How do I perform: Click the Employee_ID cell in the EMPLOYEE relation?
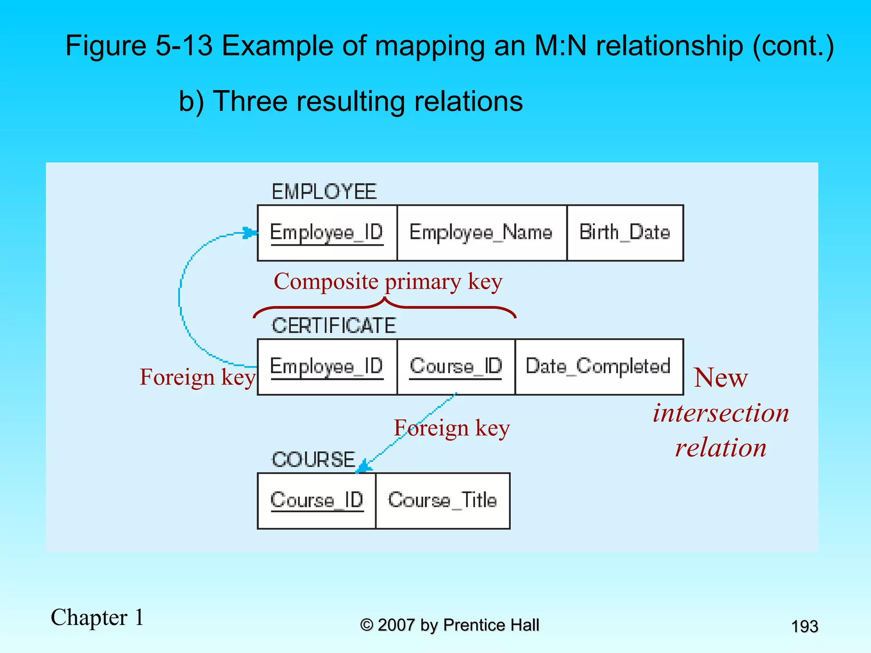(327, 233)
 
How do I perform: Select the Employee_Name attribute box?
(481, 233)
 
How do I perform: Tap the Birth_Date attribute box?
(625, 233)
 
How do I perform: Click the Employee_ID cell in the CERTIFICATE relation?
(327, 367)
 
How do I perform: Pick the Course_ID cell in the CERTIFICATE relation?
(456, 367)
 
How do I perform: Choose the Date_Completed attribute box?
(599, 367)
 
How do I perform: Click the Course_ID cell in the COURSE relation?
(317, 501)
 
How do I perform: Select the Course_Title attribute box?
(443, 501)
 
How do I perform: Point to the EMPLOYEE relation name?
(324, 192)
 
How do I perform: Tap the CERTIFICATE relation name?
(334, 326)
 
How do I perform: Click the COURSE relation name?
(313, 460)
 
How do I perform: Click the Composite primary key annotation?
(388, 282)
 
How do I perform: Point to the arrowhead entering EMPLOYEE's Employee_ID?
(250, 233)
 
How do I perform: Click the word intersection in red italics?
(721, 413)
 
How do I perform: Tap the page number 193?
(804, 627)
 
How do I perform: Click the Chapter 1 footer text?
(97, 618)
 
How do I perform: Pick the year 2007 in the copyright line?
(396, 625)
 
